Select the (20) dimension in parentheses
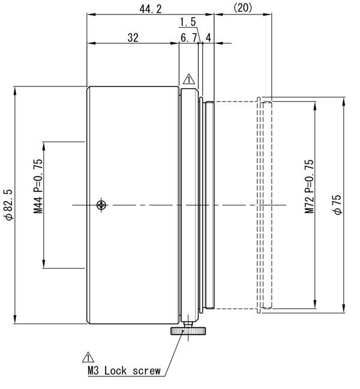(x=242, y=7)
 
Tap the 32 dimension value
(x=133, y=37)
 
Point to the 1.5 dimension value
(x=188, y=22)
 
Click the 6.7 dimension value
(x=188, y=37)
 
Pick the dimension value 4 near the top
(x=208, y=37)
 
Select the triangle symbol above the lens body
(x=188, y=79)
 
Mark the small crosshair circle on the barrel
(x=102, y=205)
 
